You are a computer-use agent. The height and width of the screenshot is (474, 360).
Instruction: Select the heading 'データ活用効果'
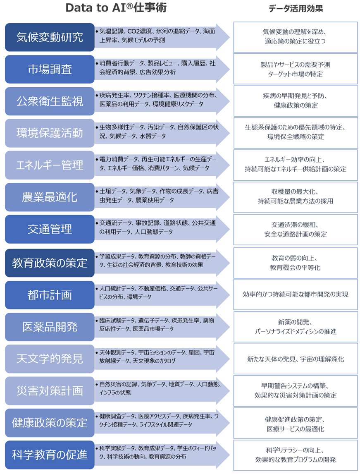click(x=296, y=9)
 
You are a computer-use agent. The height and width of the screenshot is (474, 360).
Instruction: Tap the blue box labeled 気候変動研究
click(x=50, y=37)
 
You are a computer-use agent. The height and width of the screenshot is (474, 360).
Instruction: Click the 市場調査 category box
click(x=50, y=69)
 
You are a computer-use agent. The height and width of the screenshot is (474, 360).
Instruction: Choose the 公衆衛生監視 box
click(x=50, y=101)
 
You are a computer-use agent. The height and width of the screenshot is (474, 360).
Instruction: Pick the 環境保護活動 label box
click(x=50, y=133)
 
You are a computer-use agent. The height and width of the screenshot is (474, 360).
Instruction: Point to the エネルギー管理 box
click(x=50, y=165)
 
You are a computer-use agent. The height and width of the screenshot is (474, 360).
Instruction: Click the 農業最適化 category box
click(x=50, y=197)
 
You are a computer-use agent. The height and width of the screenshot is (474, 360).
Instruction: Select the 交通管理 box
click(x=50, y=229)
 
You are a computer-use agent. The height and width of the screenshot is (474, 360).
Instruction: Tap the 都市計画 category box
click(x=50, y=294)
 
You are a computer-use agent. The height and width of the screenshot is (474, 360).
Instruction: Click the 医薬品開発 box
click(x=50, y=327)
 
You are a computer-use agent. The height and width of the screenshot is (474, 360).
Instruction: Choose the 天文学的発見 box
click(x=50, y=359)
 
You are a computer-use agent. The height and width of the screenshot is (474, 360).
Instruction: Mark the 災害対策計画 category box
click(x=50, y=390)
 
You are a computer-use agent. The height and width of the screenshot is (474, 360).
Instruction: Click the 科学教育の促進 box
click(x=50, y=455)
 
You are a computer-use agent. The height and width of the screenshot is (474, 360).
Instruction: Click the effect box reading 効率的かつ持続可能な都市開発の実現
click(x=296, y=294)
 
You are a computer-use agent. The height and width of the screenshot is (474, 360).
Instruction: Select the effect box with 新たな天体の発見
click(x=296, y=359)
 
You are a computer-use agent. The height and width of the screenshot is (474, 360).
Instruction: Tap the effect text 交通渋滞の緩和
click(x=296, y=225)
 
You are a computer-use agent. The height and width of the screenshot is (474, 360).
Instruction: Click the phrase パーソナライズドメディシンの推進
click(x=296, y=331)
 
